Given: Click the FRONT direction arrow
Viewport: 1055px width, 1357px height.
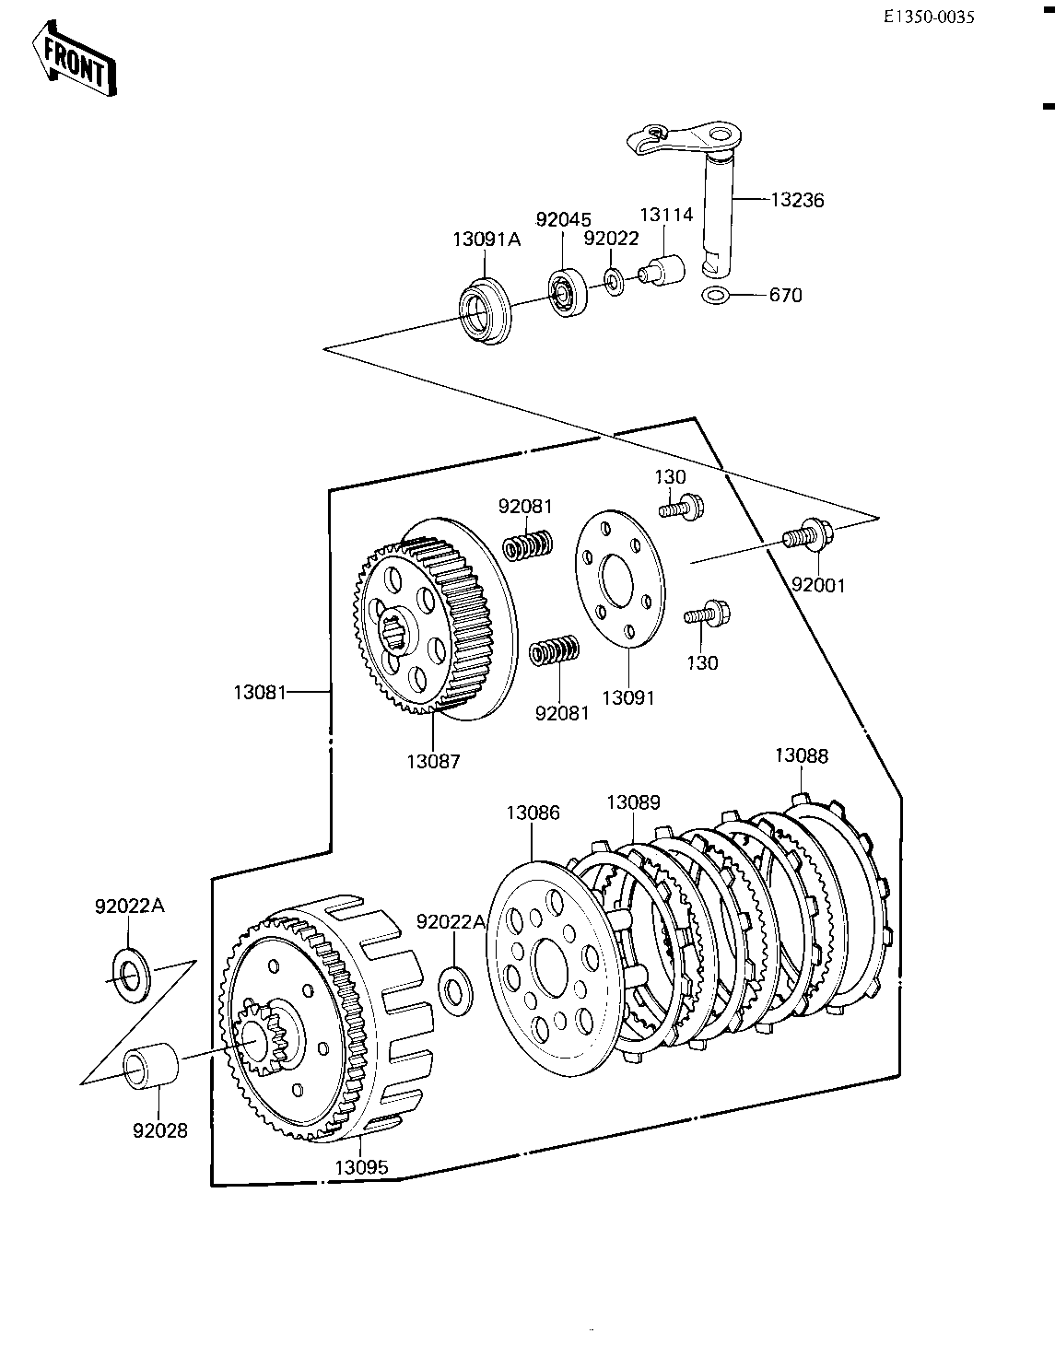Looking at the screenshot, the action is (74, 58).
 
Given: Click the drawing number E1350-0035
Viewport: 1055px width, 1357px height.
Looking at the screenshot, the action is (928, 18).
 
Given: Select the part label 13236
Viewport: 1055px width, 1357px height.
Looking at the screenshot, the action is (797, 201).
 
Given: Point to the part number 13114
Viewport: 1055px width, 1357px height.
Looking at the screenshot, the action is (666, 215).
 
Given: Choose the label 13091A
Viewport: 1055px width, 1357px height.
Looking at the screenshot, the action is (486, 240).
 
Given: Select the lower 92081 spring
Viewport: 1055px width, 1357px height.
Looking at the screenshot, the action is (554, 650).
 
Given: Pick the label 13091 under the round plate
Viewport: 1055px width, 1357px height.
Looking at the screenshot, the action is (627, 697).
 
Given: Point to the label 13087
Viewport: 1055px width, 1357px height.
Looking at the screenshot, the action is (433, 761).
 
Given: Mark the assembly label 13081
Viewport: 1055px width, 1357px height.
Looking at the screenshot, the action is (260, 692).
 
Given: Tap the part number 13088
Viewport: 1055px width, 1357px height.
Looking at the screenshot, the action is (802, 755).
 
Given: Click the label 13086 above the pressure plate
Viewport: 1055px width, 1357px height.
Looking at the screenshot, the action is (533, 813).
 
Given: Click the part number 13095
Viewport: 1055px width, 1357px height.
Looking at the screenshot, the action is (362, 1167).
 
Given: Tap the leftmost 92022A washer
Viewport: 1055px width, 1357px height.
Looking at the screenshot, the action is (131, 977).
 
